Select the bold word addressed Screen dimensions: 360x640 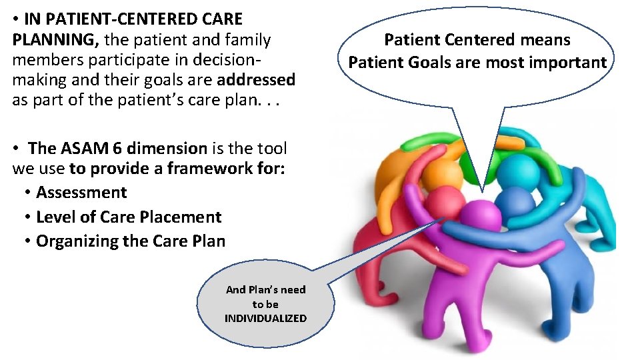click(256, 81)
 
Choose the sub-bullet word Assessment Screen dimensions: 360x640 click(81, 193)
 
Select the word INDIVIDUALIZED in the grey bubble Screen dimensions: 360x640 click(265, 318)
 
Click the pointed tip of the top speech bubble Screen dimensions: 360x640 click(481, 189)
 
